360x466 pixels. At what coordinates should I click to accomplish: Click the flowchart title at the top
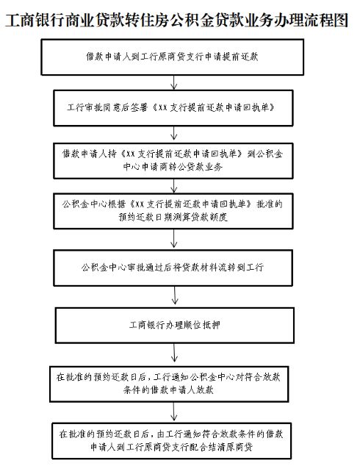177,21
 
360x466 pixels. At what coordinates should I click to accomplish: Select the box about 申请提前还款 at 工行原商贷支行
172,57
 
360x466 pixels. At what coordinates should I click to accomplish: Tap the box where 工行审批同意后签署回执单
173,108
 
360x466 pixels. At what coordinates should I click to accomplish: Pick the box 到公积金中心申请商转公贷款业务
173,161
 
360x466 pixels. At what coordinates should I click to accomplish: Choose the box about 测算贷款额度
173,211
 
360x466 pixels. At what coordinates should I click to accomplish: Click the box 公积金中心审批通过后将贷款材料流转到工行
173,268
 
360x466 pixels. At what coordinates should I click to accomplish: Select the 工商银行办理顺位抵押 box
175,326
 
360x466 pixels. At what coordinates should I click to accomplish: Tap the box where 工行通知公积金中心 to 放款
169,384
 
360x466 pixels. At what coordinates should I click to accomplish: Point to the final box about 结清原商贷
171,441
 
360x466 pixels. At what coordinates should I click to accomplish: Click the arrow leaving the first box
174,82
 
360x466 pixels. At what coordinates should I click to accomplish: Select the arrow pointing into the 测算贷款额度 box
174,186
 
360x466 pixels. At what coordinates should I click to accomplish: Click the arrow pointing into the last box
174,412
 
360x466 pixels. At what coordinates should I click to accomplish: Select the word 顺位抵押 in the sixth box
202,325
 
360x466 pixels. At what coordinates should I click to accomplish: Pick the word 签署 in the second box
139,107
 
